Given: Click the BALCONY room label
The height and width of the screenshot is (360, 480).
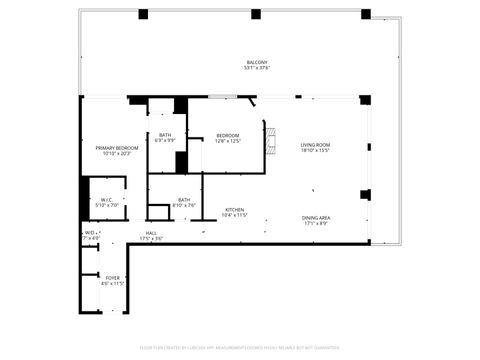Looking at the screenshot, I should coord(258,62).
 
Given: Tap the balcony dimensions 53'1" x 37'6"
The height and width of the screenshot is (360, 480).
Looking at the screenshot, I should coord(258,68).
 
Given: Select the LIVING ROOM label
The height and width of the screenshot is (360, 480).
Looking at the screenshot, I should coord(316,145).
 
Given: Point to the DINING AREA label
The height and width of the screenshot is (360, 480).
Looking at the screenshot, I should coord(317,217).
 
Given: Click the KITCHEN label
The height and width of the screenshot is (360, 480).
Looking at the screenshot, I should coord(234,209).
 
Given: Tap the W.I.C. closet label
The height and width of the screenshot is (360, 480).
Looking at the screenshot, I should coord(105,199).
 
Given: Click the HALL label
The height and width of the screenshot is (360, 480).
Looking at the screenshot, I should coord(151,233).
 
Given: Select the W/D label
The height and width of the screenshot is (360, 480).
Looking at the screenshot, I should coord(89,233).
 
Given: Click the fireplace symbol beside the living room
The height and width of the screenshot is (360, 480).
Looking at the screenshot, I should coord(269,137).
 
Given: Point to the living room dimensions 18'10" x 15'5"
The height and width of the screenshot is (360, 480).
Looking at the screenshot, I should coord(316,151).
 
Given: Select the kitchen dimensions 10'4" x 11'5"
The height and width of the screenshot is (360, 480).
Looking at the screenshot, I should coord(234,215).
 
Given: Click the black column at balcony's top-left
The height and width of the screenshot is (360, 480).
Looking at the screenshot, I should coord(143,14).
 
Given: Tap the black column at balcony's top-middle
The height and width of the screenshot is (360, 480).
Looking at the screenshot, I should coord(256,14).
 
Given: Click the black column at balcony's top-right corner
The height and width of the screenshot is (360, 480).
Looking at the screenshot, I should coord(366,14).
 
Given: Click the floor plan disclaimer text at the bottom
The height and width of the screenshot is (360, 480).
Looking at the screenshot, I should coord(240,349).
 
